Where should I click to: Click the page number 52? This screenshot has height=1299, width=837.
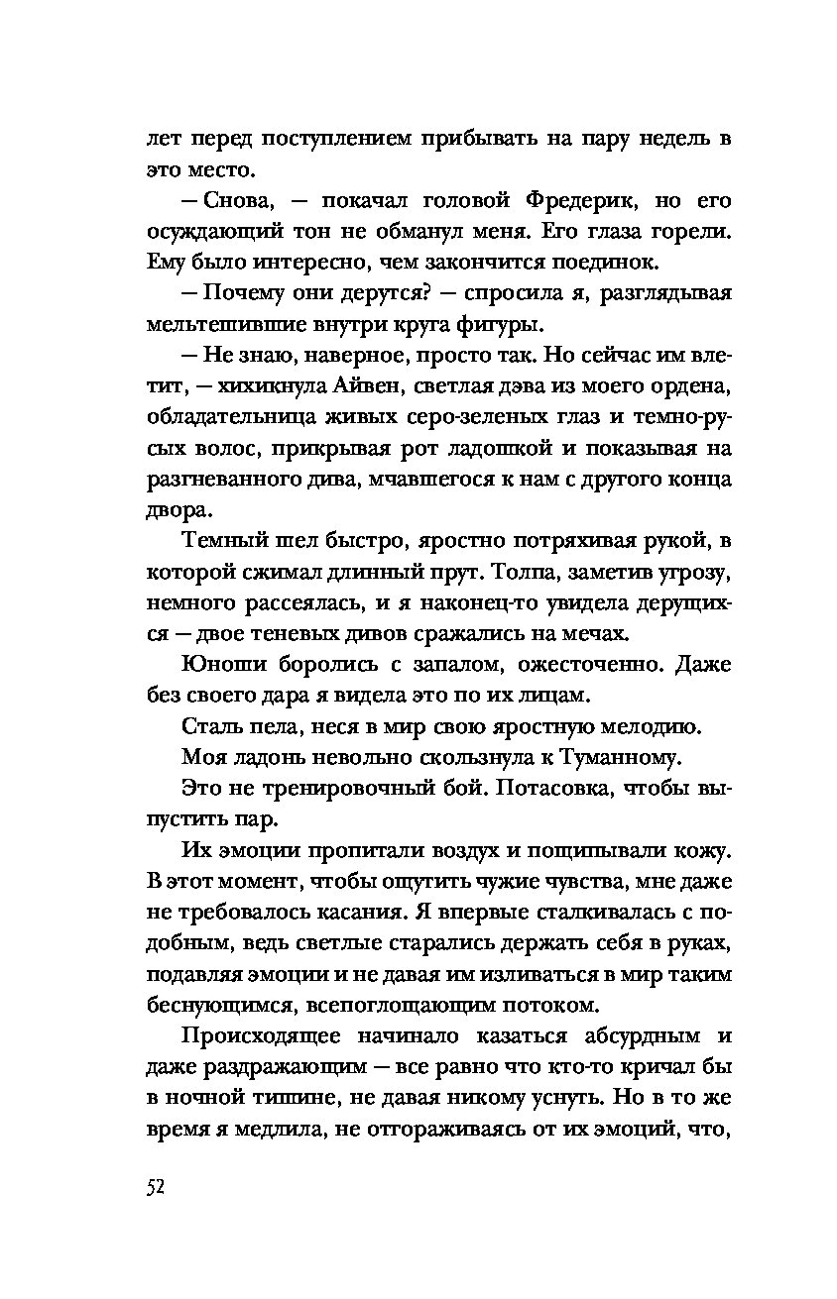(153, 1188)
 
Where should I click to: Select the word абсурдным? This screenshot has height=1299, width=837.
(633, 1035)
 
